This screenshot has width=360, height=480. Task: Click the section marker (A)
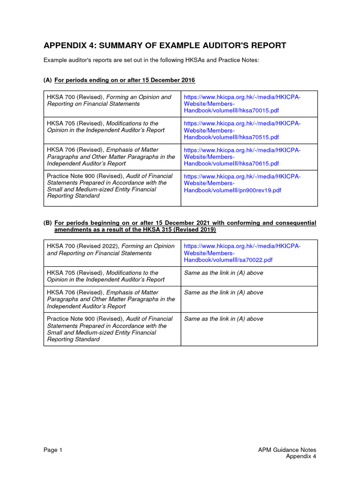tap(48, 80)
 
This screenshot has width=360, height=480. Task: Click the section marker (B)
tap(48, 223)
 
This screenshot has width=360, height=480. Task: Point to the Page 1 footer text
tap(53, 450)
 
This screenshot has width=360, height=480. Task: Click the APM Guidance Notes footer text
tap(287, 450)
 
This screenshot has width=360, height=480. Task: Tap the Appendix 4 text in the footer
tap(301, 457)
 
